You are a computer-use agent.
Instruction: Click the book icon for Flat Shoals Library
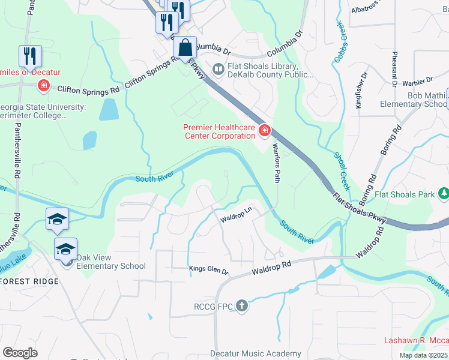pos(218,70)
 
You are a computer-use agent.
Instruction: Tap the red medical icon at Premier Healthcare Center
pos(264,131)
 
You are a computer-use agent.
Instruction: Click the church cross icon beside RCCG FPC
pos(241,307)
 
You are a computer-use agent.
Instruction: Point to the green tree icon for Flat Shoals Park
pos(444,194)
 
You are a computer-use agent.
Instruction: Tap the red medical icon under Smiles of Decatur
pos(43,86)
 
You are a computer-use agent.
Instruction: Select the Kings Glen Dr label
pos(209,271)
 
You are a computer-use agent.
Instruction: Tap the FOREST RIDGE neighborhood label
pos(30,281)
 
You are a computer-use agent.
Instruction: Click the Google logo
pos(20,352)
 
